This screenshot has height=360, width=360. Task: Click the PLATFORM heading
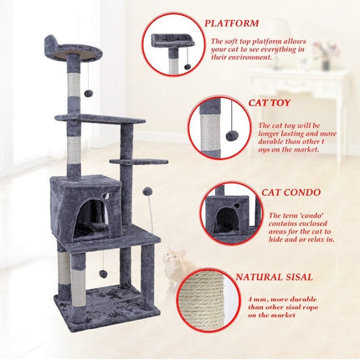point(232,23)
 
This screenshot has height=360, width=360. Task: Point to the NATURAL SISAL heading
point(275,276)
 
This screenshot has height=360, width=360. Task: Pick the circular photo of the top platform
point(176,47)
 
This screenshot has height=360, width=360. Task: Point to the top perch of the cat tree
point(74,52)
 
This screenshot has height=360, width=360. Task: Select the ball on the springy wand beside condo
point(147,193)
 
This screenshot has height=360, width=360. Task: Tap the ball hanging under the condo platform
point(102,273)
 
